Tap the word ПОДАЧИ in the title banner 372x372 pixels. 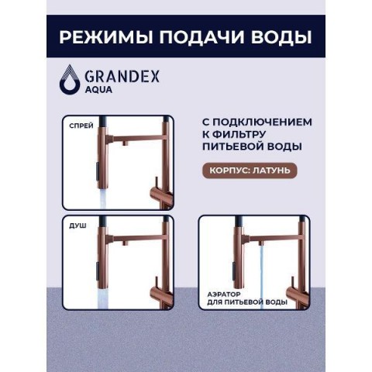pos(201,37)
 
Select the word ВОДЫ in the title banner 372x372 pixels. pos(281,37)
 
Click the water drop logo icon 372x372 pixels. pos(70,78)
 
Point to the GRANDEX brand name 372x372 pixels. pos(122,76)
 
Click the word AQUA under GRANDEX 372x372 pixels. pos(98,90)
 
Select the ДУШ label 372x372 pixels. pos(77,226)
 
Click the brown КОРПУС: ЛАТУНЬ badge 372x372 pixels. pos(250,170)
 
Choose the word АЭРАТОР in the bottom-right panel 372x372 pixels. pos(224,294)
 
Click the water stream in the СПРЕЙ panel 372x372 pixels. pos(105,199)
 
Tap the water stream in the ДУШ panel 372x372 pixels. pos(105,299)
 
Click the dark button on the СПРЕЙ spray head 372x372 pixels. pos(97,171)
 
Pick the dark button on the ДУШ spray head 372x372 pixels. pos(97,271)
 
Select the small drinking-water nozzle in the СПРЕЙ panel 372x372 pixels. pos(126,143)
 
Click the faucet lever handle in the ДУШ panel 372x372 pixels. pos(156,284)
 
